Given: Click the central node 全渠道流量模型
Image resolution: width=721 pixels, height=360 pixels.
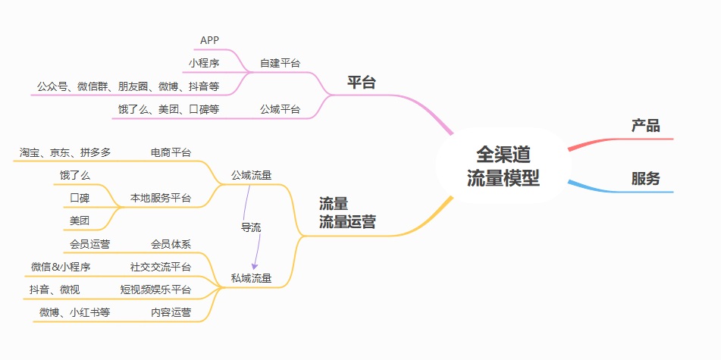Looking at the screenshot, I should (x=503, y=166).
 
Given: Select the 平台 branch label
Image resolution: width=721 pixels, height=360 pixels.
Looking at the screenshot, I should (x=362, y=83).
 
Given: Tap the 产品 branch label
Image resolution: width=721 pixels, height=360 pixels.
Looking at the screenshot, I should (x=646, y=126).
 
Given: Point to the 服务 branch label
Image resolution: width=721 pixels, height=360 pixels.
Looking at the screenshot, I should (x=646, y=180).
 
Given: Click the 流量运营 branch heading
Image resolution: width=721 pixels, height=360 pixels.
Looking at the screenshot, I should (x=347, y=213).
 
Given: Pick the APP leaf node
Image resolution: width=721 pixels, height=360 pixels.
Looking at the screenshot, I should (x=210, y=40).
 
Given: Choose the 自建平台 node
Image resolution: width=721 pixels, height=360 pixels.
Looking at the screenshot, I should (x=279, y=63).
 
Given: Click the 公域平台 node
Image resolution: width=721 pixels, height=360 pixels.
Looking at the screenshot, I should (x=280, y=109).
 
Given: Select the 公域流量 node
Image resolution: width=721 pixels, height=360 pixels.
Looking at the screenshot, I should (x=252, y=176).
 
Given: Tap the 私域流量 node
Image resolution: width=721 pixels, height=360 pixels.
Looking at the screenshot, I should (x=252, y=278).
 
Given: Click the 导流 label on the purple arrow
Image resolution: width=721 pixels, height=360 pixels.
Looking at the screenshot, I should (x=251, y=227).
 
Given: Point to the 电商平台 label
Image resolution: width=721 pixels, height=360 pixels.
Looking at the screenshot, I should (x=171, y=152).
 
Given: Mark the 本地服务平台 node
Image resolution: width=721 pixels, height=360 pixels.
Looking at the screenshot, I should (x=161, y=199).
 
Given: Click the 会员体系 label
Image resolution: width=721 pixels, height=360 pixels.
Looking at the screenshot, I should (x=171, y=244).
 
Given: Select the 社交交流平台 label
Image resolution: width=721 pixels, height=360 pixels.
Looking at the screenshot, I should (x=161, y=267).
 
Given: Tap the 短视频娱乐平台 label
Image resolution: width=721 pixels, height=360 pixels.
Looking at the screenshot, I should (x=155, y=290).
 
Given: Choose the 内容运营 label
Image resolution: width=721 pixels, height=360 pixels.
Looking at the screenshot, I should (x=171, y=312).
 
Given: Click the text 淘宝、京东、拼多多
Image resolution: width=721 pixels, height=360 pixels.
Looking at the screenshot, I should (x=65, y=152).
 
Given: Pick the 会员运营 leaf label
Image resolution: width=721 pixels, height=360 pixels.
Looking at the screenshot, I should (x=89, y=244).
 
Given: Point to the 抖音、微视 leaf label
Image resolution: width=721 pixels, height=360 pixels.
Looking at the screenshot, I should (x=55, y=290).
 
